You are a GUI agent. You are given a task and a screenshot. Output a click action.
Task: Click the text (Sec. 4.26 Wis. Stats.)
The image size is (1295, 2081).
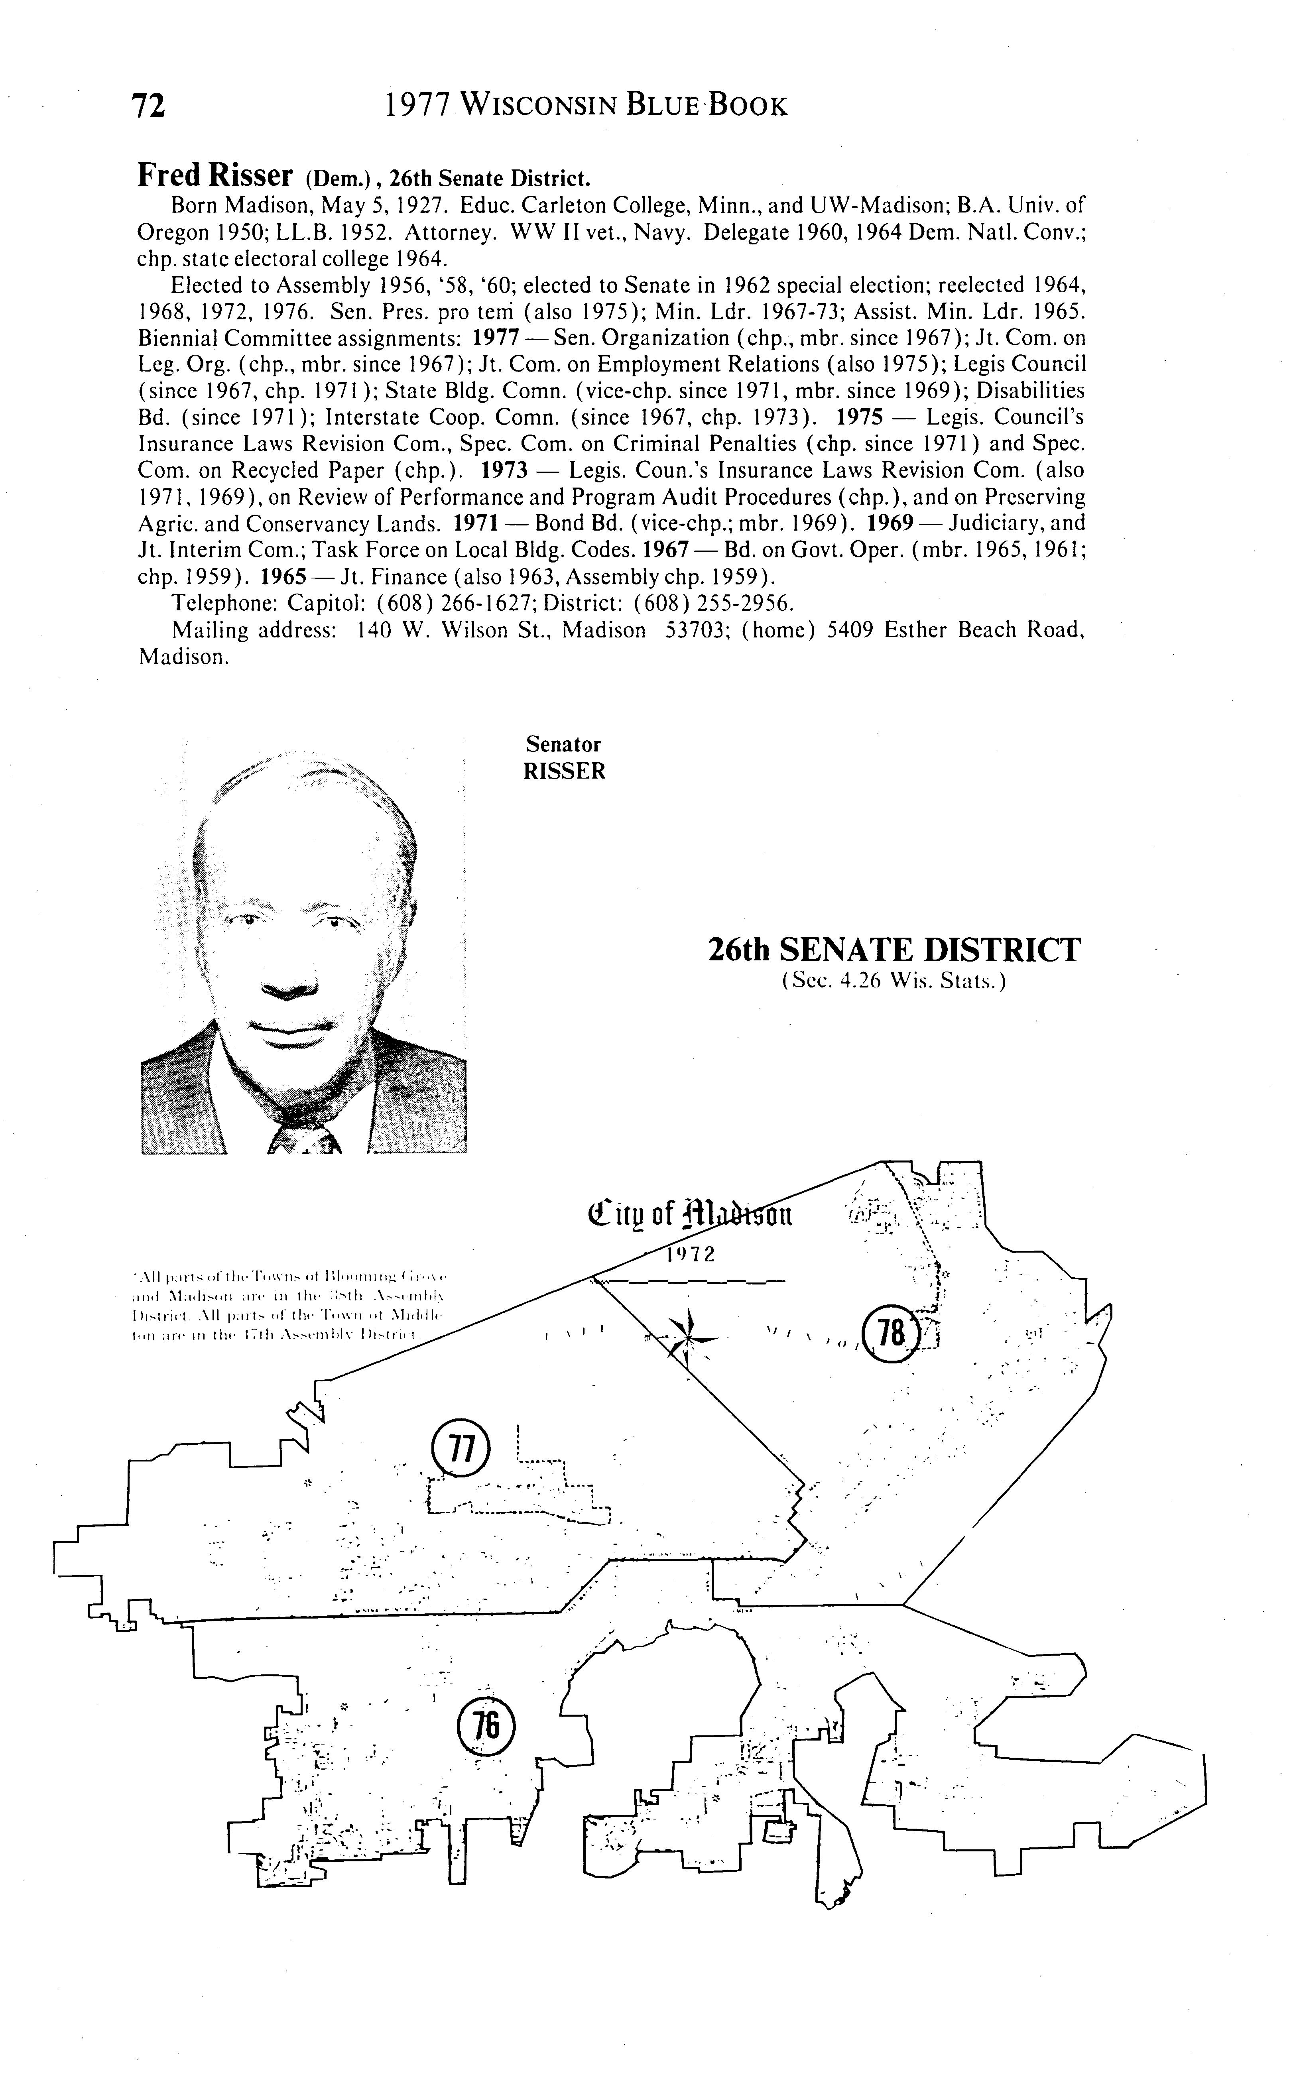point(894,981)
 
